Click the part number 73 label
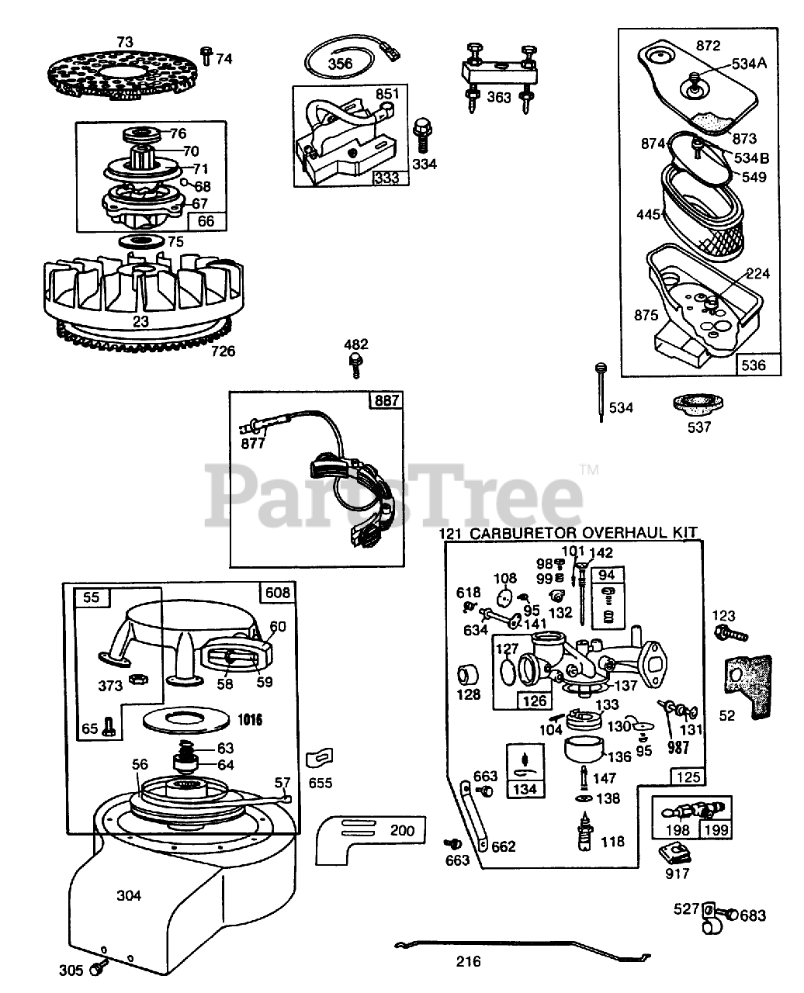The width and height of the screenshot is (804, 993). coord(125,41)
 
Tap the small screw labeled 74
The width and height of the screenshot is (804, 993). coord(206,55)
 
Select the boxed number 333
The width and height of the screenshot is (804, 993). coord(387,177)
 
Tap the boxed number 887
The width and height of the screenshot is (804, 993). coord(386,400)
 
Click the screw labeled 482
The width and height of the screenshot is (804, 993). coord(356,364)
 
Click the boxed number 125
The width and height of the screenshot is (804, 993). coord(688,777)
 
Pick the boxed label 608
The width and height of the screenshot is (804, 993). coord(278,593)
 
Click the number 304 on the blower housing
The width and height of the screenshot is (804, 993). coord(129,895)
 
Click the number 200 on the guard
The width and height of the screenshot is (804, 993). coord(402,831)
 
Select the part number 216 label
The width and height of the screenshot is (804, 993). coord(468,962)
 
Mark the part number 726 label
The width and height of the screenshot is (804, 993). coord(222,351)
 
